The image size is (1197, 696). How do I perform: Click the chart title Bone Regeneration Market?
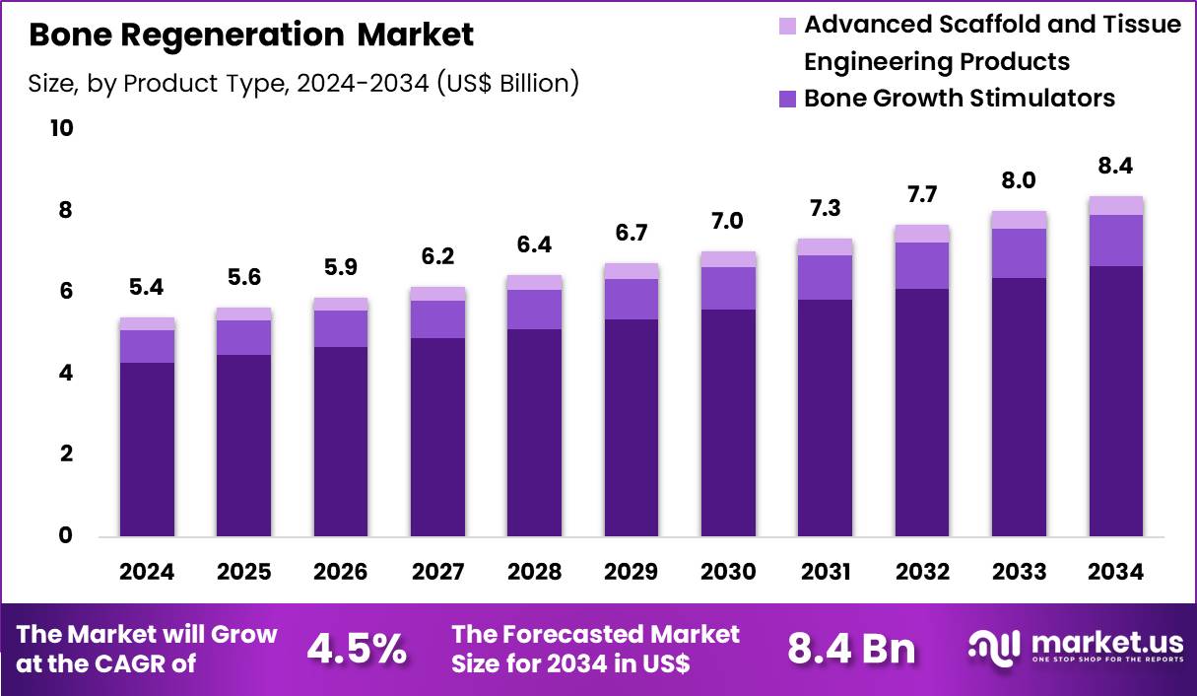(251, 35)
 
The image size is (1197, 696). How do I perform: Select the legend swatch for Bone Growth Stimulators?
(787, 99)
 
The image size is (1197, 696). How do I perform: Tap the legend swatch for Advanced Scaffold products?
(787, 25)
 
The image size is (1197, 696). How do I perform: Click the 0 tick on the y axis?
(65, 536)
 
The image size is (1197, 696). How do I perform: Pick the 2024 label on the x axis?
(147, 573)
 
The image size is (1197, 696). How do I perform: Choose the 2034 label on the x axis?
(1115, 573)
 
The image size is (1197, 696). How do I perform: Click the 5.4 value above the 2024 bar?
(147, 288)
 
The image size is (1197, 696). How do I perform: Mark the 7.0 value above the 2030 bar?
(728, 222)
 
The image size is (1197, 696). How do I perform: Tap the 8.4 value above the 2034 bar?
(1115, 167)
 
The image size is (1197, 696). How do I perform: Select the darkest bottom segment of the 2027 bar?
(437, 437)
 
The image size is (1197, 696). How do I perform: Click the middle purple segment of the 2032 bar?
(922, 265)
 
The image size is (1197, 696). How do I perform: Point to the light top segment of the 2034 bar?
(1115, 205)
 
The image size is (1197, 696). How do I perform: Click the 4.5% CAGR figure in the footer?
(357, 649)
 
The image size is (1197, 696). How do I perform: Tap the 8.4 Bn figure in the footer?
(851, 649)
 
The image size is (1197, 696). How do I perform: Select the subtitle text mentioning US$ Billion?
(303, 84)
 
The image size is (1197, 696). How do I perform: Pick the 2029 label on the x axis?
(632, 573)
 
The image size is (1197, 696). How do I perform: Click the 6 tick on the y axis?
(65, 292)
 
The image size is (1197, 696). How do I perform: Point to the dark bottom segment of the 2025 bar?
(243, 446)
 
